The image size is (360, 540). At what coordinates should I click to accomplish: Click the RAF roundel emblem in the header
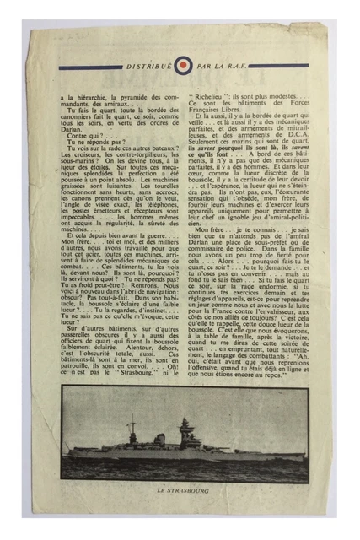click(184, 64)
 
